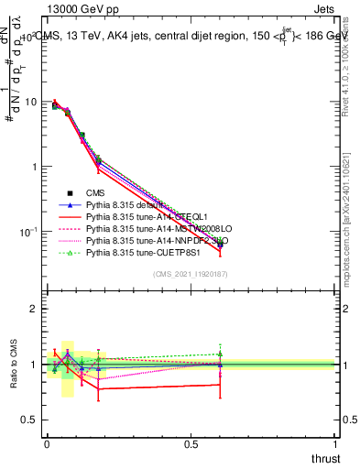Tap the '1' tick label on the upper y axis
point(34,167)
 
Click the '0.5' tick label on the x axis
point(191,444)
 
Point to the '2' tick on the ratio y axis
point(34,309)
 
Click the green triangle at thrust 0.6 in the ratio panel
point(220,354)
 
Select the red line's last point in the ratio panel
point(220,385)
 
